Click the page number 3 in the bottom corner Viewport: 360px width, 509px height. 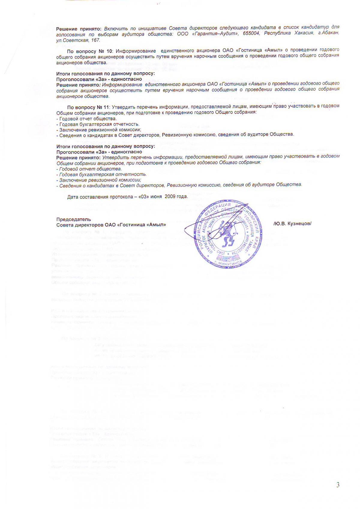point(338,485)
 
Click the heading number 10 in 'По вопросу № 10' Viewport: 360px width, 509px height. point(110,50)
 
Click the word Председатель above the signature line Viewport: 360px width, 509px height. point(73,219)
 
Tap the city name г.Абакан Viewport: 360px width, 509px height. point(329,33)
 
